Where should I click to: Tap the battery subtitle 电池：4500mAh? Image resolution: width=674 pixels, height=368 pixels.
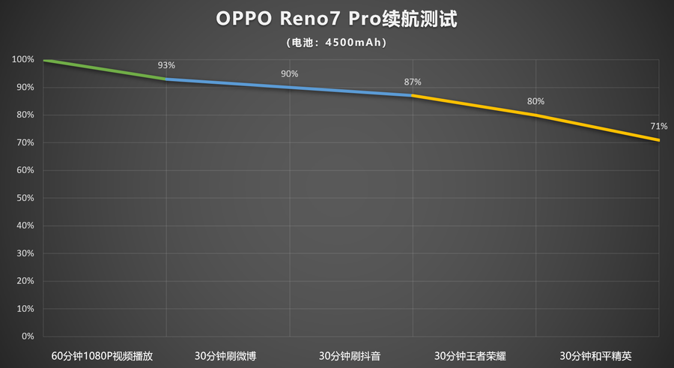[x=336, y=43]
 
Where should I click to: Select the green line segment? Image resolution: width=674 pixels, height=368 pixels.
[x=105, y=70]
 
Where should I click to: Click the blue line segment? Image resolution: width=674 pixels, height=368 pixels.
[x=289, y=87]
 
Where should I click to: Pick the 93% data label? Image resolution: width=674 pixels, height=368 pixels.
[x=166, y=65]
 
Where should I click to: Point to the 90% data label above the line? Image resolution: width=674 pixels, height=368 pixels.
[x=289, y=73]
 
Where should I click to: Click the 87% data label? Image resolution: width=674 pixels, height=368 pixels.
[x=413, y=82]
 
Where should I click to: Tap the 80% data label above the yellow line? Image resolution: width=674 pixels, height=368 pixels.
[x=535, y=101]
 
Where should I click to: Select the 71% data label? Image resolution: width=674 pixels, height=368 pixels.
[x=658, y=126]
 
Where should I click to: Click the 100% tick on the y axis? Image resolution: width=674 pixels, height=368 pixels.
[x=22, y=59]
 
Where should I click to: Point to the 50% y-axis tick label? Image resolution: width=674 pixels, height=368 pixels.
[x=25, y=198]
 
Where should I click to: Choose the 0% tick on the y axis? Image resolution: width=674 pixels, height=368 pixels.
[x=27, y=337]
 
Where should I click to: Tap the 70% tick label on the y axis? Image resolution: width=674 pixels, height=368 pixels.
[x=25, y=142]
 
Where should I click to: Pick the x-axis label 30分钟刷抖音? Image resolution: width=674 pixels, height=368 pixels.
[x=350, y=355]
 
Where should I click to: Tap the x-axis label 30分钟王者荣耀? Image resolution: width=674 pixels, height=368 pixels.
[x=473, y=355]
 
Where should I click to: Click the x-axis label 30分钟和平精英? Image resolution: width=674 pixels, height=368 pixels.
[x=597, y=355]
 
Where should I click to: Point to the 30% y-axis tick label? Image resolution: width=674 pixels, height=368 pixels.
[x=25, y=253]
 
